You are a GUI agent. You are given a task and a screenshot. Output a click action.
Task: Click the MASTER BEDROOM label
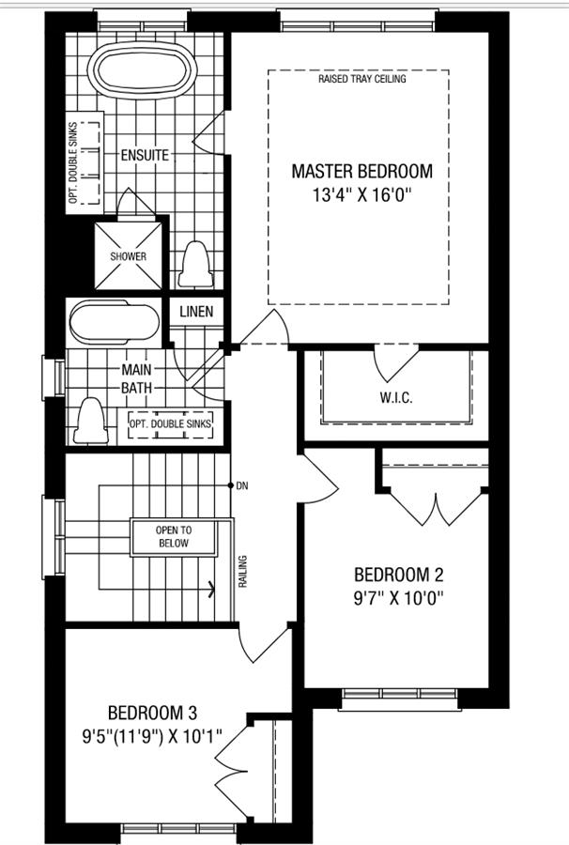pos(361,172)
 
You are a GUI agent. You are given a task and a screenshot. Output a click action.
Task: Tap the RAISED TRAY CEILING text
pos(361,79)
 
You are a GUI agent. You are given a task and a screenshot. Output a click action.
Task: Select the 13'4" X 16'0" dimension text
pos(361,194)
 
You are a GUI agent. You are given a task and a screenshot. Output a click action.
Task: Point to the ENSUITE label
pos(145,155)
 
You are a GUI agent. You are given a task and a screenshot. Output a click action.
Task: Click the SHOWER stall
pos(129,256)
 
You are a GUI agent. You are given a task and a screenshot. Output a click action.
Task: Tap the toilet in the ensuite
pos(194,265)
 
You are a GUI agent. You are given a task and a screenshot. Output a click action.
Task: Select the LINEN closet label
pos(196,312)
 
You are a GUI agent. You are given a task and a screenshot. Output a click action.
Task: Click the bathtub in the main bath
pos(115,323)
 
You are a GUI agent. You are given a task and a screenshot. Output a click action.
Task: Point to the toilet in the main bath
pos(90,421)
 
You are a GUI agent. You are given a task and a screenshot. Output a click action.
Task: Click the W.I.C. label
pos(396,398)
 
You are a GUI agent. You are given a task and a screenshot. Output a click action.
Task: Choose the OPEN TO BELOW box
pos(173,537)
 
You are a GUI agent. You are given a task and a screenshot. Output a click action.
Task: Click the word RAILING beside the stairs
pos(243,571)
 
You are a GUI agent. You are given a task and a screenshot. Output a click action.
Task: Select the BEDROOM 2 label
pos(398,575)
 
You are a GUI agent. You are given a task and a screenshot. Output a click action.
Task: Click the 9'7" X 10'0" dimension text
pos(398,598)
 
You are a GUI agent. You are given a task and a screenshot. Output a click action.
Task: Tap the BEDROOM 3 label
pos(152,713)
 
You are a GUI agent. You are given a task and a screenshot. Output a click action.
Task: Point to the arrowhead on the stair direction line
pos(211,589)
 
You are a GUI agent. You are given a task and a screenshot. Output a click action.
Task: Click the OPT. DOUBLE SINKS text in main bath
pos(170,424)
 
